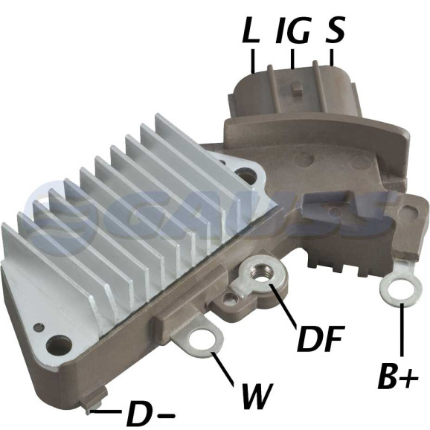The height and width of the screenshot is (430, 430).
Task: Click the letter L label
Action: pos(251,31)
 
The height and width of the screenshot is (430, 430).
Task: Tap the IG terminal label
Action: pos(292,31)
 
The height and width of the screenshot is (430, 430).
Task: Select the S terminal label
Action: pos(335,31)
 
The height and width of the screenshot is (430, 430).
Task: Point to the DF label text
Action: pos(320,339)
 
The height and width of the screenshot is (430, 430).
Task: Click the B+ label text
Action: pos(398,376)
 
